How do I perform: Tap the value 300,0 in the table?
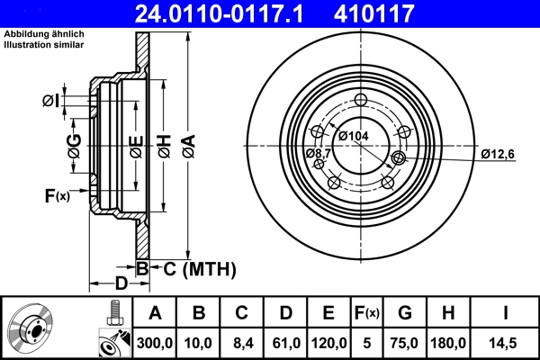155,343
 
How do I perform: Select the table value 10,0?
199,343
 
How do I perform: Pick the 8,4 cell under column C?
242,343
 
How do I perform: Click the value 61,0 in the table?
285,343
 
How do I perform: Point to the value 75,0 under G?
405,343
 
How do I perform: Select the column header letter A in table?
155,313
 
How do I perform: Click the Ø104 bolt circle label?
354,135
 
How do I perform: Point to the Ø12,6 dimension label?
497,154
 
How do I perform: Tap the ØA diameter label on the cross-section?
188,144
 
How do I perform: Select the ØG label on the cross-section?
75,144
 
